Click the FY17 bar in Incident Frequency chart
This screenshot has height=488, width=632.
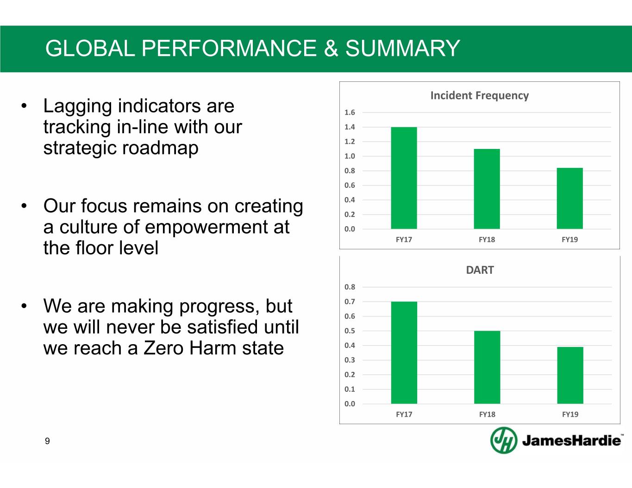404,178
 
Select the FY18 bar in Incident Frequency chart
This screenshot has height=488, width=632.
487,189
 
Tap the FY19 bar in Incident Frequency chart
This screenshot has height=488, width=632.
570,198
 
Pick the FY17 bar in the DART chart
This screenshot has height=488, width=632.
404,352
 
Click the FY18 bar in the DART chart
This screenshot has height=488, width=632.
487,367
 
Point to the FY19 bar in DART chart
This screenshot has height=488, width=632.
570,375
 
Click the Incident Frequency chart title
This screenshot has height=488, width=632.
480,96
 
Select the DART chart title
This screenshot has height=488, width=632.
480,270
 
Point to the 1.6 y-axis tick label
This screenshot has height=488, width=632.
350,112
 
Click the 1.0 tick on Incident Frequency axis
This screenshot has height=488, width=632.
350,156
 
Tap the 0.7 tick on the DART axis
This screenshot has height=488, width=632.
350,302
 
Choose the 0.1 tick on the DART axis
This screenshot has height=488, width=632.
350,389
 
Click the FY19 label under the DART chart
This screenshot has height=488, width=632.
570,414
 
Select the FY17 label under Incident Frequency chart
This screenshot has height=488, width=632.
404,240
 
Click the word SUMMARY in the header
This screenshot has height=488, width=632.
402,48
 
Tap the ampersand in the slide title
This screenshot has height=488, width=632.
331,48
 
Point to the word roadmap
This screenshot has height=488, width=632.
160,148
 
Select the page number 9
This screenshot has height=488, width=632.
47,441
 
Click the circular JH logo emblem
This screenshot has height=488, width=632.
504,440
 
